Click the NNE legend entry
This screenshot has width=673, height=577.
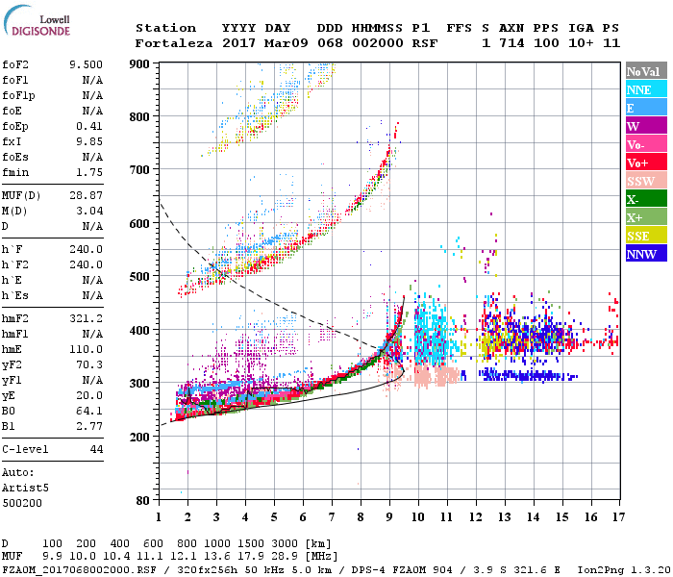tap(639, 89)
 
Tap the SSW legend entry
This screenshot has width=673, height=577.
tap(641, 181)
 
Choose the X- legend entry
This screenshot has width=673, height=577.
tap(635, 199)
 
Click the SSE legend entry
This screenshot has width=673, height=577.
tap(638, 236)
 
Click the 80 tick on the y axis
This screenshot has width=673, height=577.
tap(144, 501)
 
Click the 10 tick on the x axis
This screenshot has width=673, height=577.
tap(418, 517)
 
